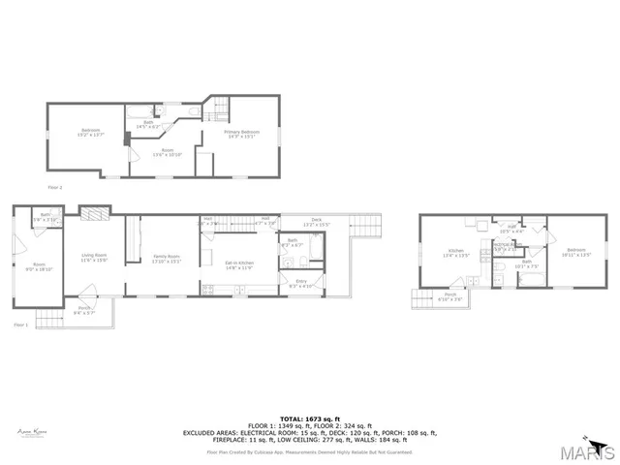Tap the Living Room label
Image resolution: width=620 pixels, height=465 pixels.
click(93, 257)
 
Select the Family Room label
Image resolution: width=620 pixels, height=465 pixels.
click(167, 258)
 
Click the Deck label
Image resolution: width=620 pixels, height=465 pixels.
click(317, 222)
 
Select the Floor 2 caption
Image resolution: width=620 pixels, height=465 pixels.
click(55, 186)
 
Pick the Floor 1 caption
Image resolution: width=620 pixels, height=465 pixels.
click(20, 325)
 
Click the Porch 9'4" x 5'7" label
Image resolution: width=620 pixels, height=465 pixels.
click(85, 312)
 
